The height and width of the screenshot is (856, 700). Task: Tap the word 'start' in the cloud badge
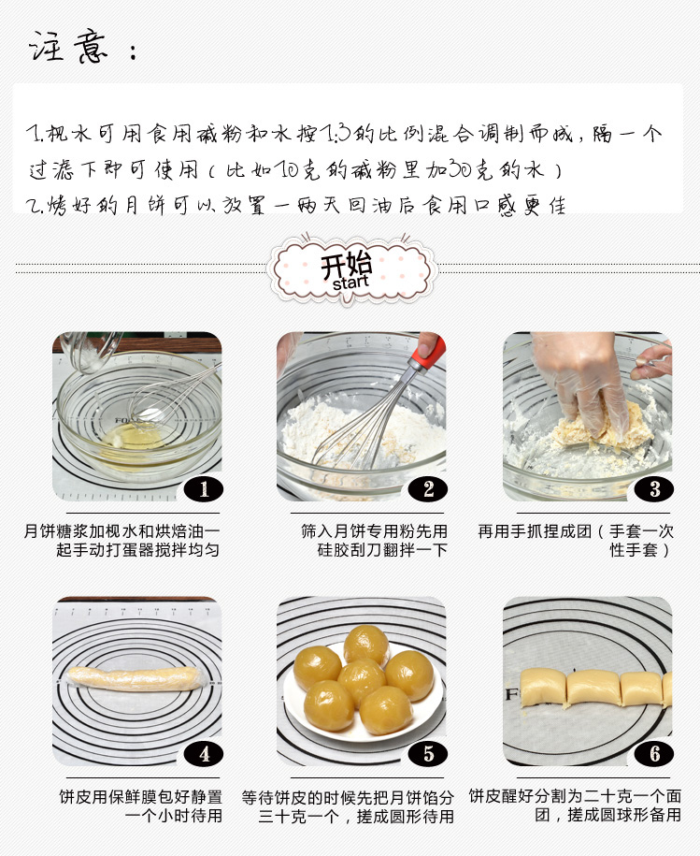[x=350, y=283]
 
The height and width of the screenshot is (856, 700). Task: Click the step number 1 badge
[x=204, y=489]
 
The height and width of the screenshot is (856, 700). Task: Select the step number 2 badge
[x=428, y=489]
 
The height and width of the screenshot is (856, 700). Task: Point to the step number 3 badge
[x=653, y=489]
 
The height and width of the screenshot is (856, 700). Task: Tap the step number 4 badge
[x=204, y=754]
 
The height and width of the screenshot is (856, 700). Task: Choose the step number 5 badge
[x=428, y=754]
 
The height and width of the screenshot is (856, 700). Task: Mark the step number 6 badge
[x=653, y=754]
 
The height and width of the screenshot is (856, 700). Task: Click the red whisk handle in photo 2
[x=427, y=355]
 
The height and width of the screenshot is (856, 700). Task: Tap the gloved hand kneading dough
[x=583, y=382]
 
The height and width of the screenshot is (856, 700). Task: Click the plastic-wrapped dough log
[x=136, y=678]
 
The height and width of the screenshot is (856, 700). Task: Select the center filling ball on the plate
[x=361, y=680]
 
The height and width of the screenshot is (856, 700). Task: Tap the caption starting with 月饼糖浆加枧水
[x=121, y=540]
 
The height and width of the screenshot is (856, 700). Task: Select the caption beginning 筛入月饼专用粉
[x=374, y=540]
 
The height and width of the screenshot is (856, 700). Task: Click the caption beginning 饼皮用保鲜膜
[x=140, y=805]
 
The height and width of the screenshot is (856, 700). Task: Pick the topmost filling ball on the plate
[x=366, y=646]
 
